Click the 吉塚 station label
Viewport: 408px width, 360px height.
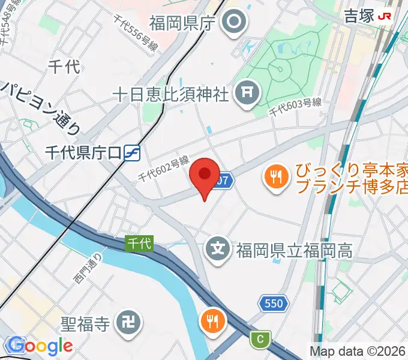point(358,16)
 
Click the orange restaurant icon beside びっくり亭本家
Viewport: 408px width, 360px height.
point(276,177)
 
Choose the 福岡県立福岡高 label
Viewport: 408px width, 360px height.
point(293,249)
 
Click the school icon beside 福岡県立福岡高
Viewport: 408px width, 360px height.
point(218,248)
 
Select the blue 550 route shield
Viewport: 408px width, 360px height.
point(273,304)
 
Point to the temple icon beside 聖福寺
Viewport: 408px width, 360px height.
point(129,325)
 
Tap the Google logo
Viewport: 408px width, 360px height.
point(41,346)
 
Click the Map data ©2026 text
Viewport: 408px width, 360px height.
point(358,351)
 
